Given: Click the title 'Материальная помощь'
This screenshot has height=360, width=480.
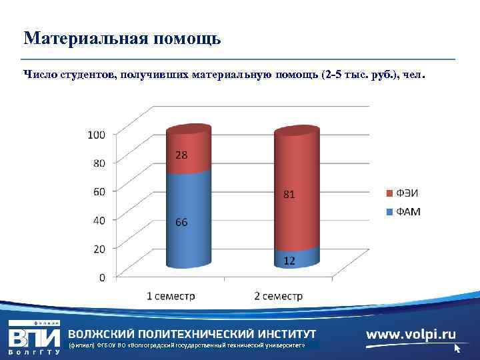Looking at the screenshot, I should [x=122, y=38].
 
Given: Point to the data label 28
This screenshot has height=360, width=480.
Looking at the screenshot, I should [x=181, y=155].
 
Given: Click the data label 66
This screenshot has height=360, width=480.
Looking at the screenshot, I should [x=181, y=222].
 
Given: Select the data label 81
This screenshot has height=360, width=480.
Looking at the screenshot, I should [x=288, y=195].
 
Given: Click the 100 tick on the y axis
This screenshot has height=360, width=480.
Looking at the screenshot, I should [x=97, y=135].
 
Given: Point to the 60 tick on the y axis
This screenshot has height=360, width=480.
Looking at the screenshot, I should [x=99, y=191].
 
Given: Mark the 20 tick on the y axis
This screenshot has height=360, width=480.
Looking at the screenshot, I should [x=99, y=248].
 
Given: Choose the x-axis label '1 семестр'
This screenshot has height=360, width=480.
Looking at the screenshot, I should [x=172, y=296].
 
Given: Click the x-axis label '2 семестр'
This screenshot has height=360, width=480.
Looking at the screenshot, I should [x=279, y=296].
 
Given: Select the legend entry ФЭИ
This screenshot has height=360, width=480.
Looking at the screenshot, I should [x=407, y=193].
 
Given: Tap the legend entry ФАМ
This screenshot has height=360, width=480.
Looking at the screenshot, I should [x=407, y=212].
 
